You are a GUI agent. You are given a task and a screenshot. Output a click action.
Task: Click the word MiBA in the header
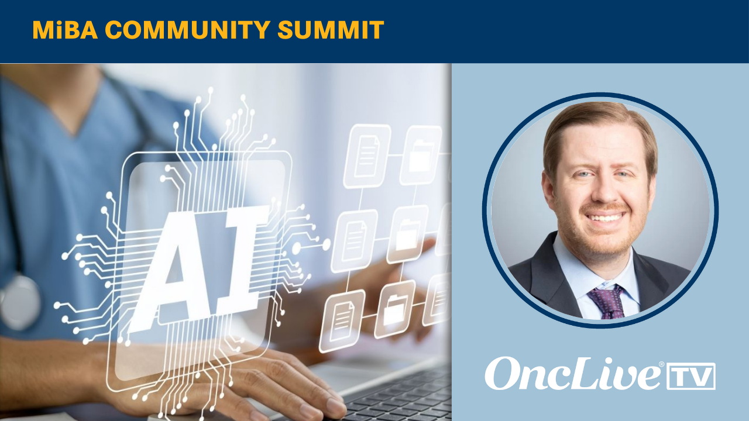[65, 30]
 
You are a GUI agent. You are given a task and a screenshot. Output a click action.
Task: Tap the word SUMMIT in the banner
[331, 30]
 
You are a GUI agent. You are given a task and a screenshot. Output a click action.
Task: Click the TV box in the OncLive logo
[691, 376]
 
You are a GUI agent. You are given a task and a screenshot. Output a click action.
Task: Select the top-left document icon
[367, 156]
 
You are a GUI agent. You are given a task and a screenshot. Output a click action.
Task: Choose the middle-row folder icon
[408, 234]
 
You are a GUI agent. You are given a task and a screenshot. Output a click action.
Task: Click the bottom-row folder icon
[394, 310]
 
